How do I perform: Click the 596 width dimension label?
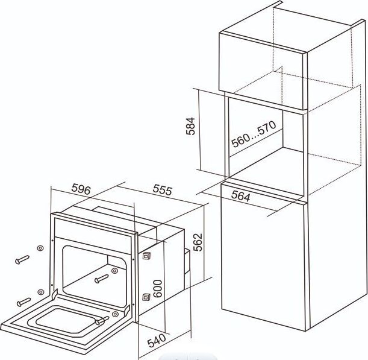pyautogui.click(x=81, y=189)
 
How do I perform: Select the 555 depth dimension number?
pyautogui.click(x=163, y=190)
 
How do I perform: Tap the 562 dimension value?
pyautogui.click(x=198, y=242)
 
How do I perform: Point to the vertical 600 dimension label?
pyautogui.click(x=157, y=289)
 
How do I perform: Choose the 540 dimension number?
pyautogui.click(x=157, y=341)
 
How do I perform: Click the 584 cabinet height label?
pyautogui.click(x=190, y=126)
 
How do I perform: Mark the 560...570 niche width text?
pyautogui.click(x=254, y=134)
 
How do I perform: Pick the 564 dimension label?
pyautogui.click(x=241, y=196)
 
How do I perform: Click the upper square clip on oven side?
pyautogui.click(x=146, y=256)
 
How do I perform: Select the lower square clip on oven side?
pyautogui.click(x=146, y=297)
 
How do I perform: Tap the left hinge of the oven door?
pyautogui.click(x=54, y=295)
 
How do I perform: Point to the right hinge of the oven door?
pyautogui.click(x=127, y=311)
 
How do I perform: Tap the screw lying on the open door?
pyautogui.click(x=102, y=321)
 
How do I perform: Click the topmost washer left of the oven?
pyautogui.click(x=40, y=248)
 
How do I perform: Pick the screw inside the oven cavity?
pyautogui.click(x=102, y=279)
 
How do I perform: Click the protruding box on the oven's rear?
pyautogui.click(x=187, y=261)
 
